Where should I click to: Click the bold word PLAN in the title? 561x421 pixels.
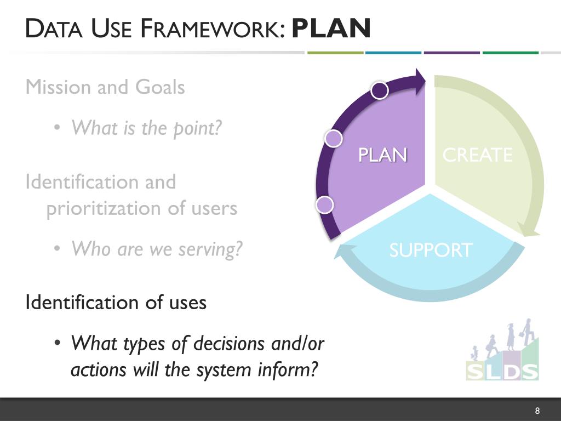click(331, 29)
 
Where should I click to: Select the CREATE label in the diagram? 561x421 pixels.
click(477, 155)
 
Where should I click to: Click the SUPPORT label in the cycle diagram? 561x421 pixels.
click(430, 251)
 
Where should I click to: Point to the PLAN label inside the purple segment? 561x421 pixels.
click(382, 155)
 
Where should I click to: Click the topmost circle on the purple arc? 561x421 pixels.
click(380, 90)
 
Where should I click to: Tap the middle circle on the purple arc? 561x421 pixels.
click(333, 139)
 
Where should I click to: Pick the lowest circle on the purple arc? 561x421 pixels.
click(325, 204)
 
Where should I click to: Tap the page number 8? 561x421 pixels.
click(537, 411)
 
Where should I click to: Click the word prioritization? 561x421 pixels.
click(107, 208)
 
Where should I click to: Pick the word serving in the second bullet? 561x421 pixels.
click(211, 249)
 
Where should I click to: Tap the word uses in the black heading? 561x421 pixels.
click(187, 303)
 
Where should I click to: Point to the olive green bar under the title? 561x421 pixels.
click(335, 53)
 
